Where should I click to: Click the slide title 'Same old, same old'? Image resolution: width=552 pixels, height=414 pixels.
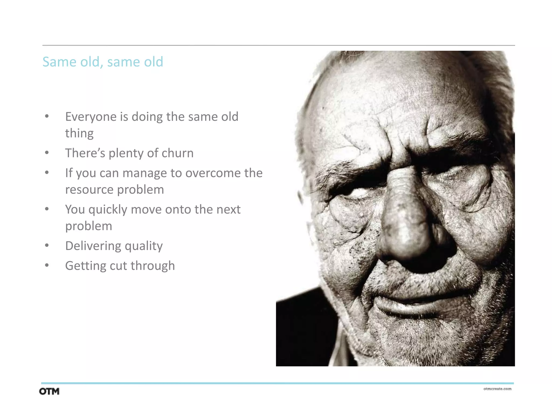[x=103, y=62]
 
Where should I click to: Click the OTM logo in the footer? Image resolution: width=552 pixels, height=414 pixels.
[x=49, y=391]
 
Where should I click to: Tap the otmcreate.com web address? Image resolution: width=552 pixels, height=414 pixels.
[x=497, y=389]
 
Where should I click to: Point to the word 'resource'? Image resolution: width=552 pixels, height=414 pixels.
[x=89, y=190]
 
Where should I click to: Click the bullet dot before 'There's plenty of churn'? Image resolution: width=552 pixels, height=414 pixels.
[x=47, y=153]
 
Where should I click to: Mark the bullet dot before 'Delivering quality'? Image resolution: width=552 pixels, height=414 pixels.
[x=47, y=246]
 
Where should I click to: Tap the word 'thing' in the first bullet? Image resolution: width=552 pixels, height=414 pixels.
[x=79, y=133]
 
